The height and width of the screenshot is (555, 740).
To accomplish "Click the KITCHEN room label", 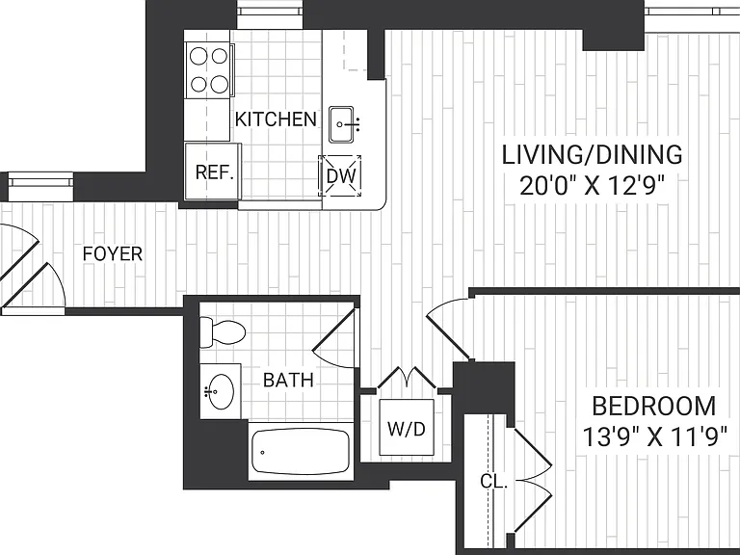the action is [276, 119].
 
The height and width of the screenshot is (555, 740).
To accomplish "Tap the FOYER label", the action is [113, 254].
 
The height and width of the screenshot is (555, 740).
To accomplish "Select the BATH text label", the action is [288, 380].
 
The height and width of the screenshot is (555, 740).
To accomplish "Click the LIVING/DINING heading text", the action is [592, 155].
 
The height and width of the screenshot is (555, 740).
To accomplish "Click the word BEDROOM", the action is [653, 407].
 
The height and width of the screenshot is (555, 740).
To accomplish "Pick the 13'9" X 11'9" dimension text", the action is [654, 437].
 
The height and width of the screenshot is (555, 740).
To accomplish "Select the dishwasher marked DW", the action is [340, 176].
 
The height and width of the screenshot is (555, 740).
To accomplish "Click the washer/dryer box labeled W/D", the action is [407, 427].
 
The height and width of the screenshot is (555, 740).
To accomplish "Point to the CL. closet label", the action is [493, 482].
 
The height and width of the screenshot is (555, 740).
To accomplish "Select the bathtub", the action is [301, 452].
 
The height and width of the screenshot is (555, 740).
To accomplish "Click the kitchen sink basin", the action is [341, 124].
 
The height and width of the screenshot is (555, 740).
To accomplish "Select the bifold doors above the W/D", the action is [408, 377].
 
